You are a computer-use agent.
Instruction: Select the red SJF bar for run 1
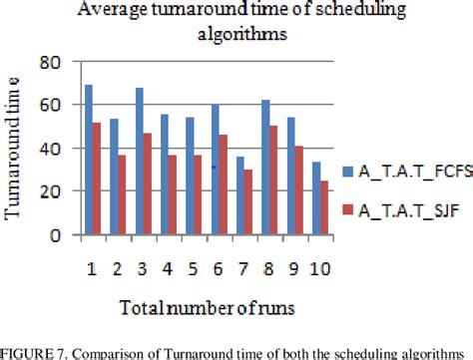pos(97,179)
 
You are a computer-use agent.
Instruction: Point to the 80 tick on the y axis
pos(59,62)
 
